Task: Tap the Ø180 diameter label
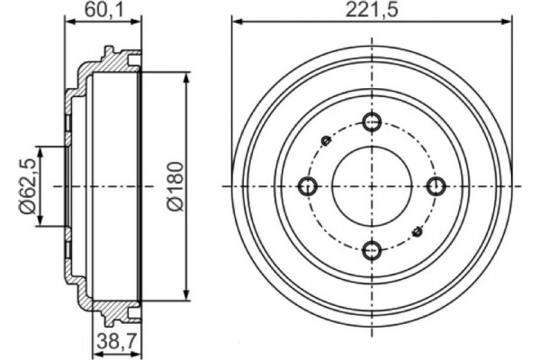coord(175,185)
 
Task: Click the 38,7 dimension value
coord(116,343)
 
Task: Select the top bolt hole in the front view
coord(372,122)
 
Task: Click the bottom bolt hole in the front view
coord(372,250)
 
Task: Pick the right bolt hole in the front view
coord(436,186)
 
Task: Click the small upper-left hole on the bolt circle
coord(327,140)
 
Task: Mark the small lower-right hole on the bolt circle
coord(417,232)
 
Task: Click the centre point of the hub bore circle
coord(372,186)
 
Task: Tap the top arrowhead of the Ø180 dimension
coord(187,77)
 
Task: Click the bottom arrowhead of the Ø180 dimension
coord(187,294)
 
